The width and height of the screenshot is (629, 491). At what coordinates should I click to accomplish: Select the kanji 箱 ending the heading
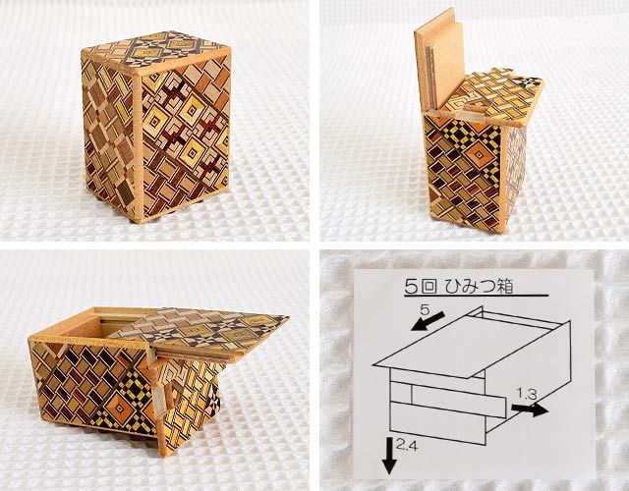[504, 287]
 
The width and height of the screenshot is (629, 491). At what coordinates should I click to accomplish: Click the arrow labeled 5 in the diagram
[428, 321]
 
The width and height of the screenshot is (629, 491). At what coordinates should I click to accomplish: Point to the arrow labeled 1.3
[530, 409]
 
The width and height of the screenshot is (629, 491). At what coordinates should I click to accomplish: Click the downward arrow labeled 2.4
[389, 456]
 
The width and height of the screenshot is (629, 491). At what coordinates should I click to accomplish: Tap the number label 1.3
[527, 394]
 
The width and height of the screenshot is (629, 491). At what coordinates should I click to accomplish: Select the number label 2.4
[406, 444]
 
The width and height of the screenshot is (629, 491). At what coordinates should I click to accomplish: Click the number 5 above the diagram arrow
[425, 309]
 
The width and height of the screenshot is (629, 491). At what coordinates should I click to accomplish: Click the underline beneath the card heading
[476, 296]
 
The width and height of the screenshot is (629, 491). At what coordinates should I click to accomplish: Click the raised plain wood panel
[440, 58]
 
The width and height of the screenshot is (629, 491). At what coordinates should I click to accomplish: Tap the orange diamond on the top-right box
[479, 155]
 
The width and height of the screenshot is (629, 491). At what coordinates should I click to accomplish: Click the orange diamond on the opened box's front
[120, 408]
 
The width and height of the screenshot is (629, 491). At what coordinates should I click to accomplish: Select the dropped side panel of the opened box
[186, 401]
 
